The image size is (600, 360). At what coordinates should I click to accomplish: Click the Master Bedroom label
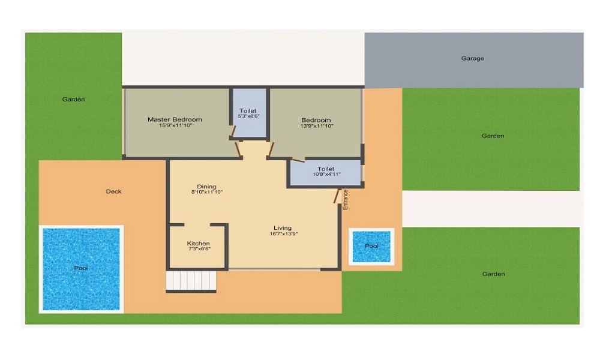pyautogui.click(x=175, y=119)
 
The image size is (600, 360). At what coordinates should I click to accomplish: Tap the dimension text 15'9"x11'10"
pyautogui.click(x=175, y=126)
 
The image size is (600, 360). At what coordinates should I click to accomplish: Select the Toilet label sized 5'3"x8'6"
pyautogui.click(x=248, y=111)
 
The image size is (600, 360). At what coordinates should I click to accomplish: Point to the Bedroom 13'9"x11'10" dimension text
pyautogui.click(x=316, y=126)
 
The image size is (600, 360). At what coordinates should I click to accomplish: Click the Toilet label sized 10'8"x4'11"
pyautogui.click(x=326, y=169)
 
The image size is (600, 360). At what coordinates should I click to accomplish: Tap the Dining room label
pyautogui.click(x=206, y=187)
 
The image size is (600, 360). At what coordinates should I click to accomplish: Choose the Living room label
pyautogui.click(x=283, y=228)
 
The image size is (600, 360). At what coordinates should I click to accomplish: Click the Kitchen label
pyautogui.click(x=199, y=244)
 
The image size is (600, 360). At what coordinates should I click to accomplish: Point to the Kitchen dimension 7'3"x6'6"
pyautogui.click(x=199, y=249)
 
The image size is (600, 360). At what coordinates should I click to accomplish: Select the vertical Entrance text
pyautogui.click(x=346, y=199)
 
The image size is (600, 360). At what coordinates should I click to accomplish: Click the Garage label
pyautogui.click(x=473, y=59)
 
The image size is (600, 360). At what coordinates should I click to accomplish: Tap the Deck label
pyautogui.click(x=113, y=191)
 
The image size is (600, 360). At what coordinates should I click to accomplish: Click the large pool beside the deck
pyautogui.click(x=81, y=268)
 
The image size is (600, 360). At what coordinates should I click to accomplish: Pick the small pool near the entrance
pyautogui.click(x=372, y=246)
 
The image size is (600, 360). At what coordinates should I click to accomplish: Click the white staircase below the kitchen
pyautogui.click(x=191, y=281)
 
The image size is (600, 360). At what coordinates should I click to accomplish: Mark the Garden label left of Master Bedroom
pyautogui.click(x=74, y=100)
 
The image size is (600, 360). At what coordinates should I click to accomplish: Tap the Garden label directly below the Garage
pyautogui.click(x=493, y=136)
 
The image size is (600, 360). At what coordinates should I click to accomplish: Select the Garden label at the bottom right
pyautogui.click(x=493, y=274)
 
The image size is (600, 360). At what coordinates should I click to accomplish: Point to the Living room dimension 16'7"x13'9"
pyautogui.click(x=284, y=234)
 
